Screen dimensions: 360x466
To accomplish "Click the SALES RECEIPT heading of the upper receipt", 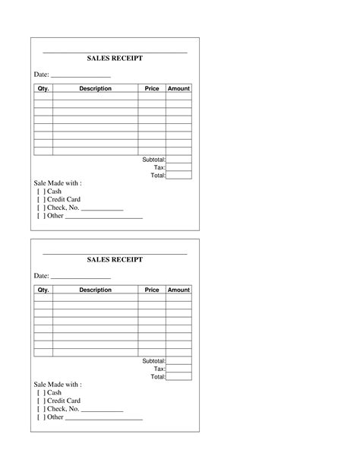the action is coord(115,59).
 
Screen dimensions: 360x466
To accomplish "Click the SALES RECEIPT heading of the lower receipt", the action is coord(115,260).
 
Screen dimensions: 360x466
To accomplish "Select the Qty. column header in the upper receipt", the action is coord(43,89).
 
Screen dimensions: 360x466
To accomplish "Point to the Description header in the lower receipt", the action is coord(95,290).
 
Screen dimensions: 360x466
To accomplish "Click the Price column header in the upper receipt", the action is coord(152,89).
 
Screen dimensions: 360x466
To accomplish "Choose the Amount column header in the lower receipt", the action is coord(178,290).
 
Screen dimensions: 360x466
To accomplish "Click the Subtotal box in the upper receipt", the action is coord(178,160).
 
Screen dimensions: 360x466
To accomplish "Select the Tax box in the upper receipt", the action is coord(178,167).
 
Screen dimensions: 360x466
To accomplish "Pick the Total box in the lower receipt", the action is coord(178,376).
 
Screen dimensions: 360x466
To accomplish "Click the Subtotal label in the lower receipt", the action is coord(153,361).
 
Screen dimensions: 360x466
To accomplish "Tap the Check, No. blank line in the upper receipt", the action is coord(102,209).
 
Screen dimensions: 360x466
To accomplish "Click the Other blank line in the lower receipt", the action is coord(104,418).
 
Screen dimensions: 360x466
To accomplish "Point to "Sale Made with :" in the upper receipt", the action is coord(58,183).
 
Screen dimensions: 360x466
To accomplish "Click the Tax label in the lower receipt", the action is coord(159,369).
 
